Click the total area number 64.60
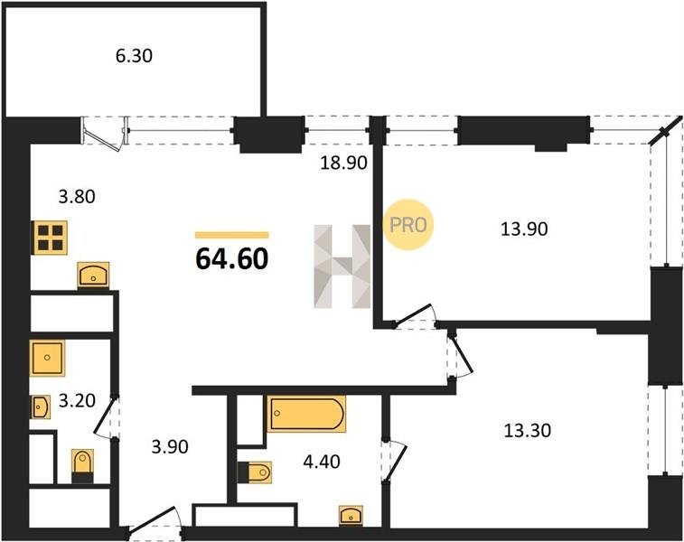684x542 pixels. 231,258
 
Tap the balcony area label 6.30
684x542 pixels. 134,56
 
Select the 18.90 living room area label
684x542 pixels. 343,164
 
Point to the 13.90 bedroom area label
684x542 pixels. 524,229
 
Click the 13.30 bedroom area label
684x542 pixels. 528,431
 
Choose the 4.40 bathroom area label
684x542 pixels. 322,462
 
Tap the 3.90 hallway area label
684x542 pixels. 170,446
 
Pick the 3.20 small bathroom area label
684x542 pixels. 77,400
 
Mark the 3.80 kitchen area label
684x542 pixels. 77,197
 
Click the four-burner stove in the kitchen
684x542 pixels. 50,238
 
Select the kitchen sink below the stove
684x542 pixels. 93,276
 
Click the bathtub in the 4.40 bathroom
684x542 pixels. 306,414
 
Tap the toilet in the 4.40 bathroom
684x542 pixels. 255,472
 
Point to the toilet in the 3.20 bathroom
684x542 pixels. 82,466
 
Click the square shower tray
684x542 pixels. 47,358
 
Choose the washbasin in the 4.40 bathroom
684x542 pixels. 351,516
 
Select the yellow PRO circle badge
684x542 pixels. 408,225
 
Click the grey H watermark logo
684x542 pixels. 342,266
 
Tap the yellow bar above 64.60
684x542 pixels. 231,236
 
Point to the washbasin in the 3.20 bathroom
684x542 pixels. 40,407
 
